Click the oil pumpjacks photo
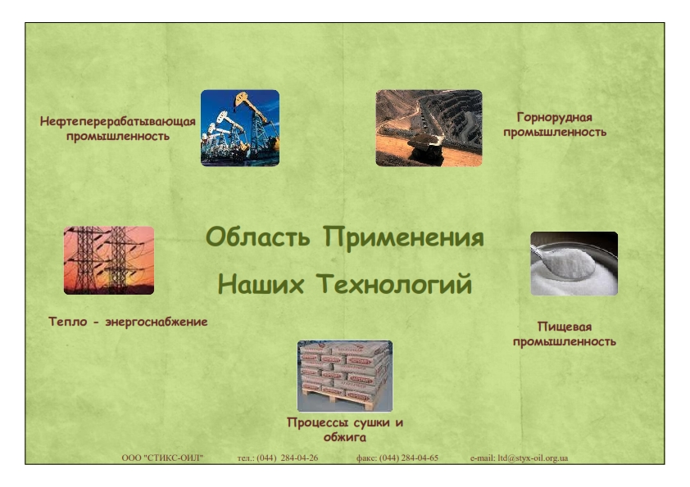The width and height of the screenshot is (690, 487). [x=240, y=128]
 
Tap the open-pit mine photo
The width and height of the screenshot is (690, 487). [x=429, y=128]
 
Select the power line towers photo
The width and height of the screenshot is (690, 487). [x=109, y=260]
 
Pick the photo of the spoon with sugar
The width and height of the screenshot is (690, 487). [x=574, y=264]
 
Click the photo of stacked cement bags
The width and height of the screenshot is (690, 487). [x=344, y=376]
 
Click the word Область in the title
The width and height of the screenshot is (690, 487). [x=258, y=237]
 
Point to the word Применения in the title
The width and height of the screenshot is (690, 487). [x=403, y=237]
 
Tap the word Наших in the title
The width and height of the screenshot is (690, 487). [x=261, y=283]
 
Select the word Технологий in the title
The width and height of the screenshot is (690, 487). [x=394, y=283]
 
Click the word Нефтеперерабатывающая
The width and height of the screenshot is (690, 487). [x=117, y=122]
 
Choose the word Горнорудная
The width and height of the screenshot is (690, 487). [x=555, y=117]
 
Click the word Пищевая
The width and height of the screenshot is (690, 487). [x=564, y=327]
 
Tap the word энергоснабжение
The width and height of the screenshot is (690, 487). [x=157, y=322]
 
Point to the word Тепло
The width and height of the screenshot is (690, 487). [x=68, y=322]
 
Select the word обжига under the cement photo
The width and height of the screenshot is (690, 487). [x=344, y=437]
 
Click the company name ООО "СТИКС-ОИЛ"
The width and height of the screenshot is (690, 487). [x=162, y=458]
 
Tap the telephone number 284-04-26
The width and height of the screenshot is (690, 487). [x=299, y=458]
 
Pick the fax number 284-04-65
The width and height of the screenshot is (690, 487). [x=420, y=458]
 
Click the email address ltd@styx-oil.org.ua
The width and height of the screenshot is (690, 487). [x=533, y=458]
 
